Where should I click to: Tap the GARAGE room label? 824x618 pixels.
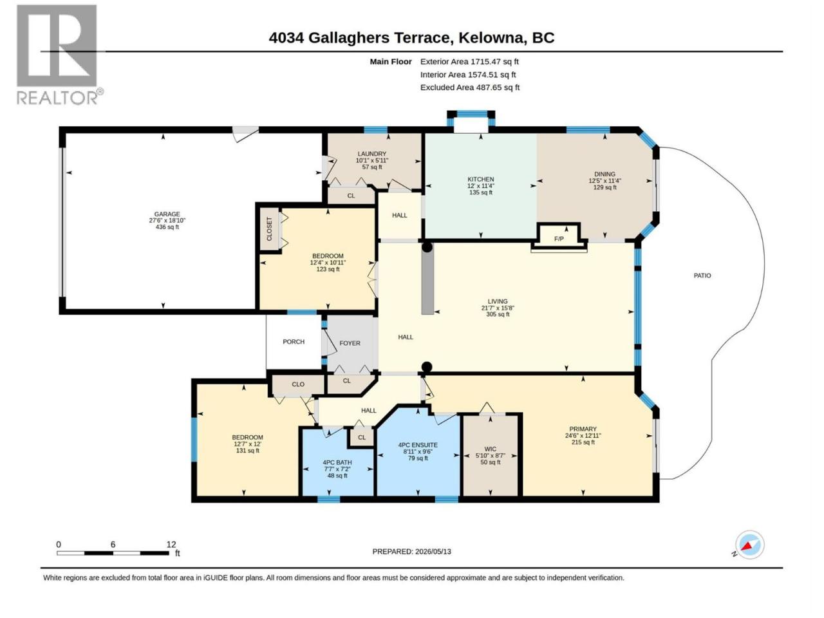(x=167, y=214)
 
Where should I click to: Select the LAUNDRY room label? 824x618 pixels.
(x=371, y=154)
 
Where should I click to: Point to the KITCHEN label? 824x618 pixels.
(x=480, y=180)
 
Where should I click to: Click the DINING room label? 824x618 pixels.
(x=604, y=174)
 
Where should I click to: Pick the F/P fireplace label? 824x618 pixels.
(x=559, y=239)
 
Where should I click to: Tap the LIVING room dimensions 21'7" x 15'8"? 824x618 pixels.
(x=498, y=308)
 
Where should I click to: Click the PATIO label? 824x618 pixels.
(x=702, y=276)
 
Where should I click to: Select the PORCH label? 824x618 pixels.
(x=294, y=342)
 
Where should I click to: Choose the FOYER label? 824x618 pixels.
(x=350, y=343)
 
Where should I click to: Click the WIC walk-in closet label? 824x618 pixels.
(x=491, y=449)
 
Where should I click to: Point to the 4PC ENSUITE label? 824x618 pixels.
(x=418, y=445)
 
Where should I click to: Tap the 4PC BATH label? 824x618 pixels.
(x=337, y=463)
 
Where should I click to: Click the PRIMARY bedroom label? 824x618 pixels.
(x=583, y=429)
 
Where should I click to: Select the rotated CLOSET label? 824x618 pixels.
(x=269, y=229)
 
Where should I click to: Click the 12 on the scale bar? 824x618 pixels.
(x=171, y=545)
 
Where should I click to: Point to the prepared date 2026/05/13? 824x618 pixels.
(x=433, y=552)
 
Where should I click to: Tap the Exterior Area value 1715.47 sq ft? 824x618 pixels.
(x=495, y=62)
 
